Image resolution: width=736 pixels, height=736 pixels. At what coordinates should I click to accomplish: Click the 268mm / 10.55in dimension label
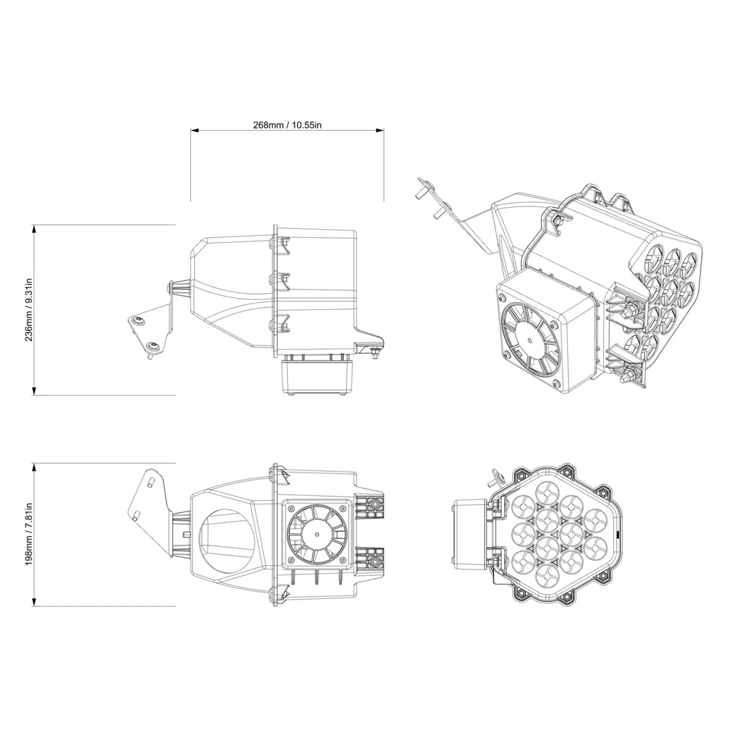pyautogui.click(x=287, y=125)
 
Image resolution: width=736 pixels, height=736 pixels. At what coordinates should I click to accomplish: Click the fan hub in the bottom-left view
pyautogui.click(x=317, y=534)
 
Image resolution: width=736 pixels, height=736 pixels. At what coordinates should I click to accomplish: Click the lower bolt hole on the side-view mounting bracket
pyautogui.click(x=154, y=346)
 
